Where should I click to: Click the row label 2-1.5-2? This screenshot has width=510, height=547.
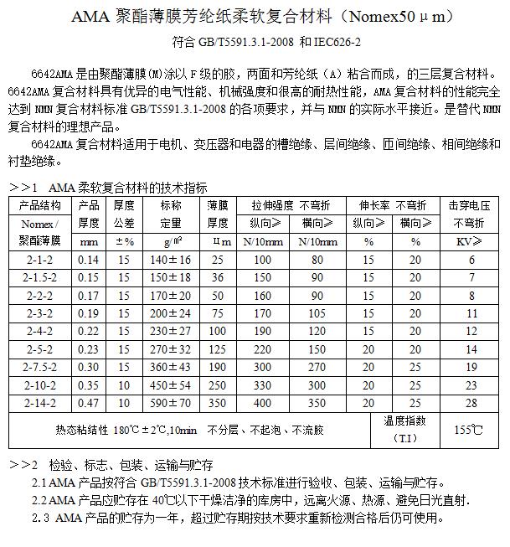coord(39,277)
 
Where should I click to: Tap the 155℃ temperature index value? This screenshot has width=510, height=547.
coord(468,430)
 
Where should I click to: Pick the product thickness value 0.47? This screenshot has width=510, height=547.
coord(88,403)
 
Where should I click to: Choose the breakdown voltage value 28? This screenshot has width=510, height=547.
coord(471,403)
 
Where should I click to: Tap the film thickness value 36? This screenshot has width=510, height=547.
coord(218,277)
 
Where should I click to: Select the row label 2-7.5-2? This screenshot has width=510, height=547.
coord(39,367)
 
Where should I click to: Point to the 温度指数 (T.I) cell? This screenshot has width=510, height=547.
coord(405,430)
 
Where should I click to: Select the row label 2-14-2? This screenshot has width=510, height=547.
coord(39,403)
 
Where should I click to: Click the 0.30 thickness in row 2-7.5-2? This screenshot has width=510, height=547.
coord(88,367)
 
